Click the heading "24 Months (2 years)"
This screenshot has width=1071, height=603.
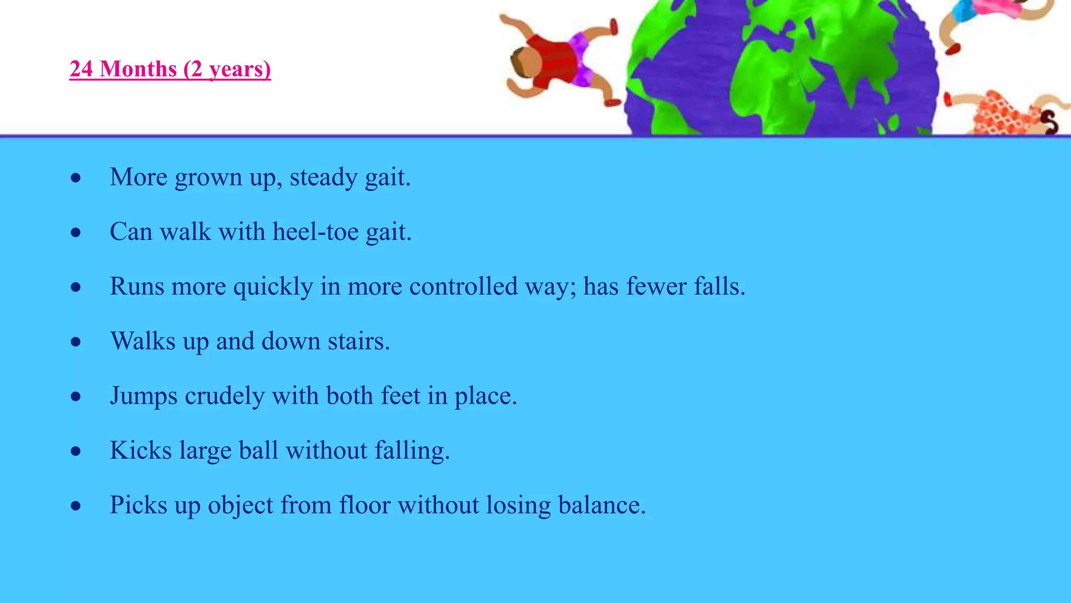[170, 69]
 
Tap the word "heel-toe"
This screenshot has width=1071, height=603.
[315, 232]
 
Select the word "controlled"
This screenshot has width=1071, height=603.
[463, 286]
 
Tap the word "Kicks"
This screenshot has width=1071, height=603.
[141, 450]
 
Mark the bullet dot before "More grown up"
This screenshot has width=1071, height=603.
[76, 178]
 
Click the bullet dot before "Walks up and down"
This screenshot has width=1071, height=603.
[76, 342]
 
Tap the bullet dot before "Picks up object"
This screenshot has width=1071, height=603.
[76, 506]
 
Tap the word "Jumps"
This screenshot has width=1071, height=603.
[143, 396]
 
